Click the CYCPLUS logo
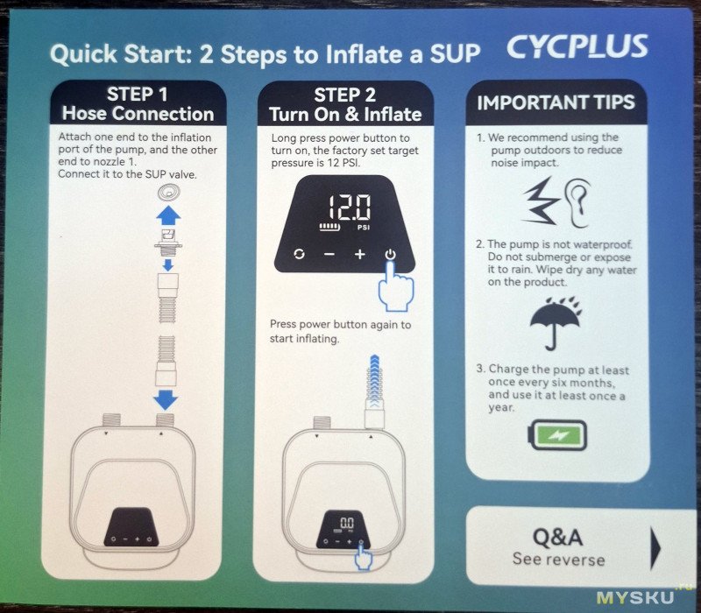pyautogui.click(x=577, y=46)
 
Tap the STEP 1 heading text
pyautogui.click(x=138, y=95)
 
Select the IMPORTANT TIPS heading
pyautogui.click(x=556, y=102)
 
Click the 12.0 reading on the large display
pyautogui.click(x=349, y=208)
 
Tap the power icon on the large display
pyautogui.click(x=390, y=254)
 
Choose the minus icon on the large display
pyautogui.click(x=329, y=254)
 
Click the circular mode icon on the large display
pyautogui.click(x=299, y=254)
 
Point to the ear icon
pyautogui.click(x=577, y=203)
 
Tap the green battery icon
pyautogui.click(x=557, y=435)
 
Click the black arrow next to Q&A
pyautogui.click(x=655, y=549)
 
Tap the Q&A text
pyautogui.click(x=558, y=537)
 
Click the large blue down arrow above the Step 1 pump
pyautogui.click(x=166, y=400)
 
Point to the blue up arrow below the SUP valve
pyautogui.click(x=168, y=215)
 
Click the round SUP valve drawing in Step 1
pyautogui.click(x=169, y=193)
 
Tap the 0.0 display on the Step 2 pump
pyautogui.click(x=346, y=522)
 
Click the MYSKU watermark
pyautogui.click(x=635, y=597)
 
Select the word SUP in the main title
pyautogui.click(x=455, y=53)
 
